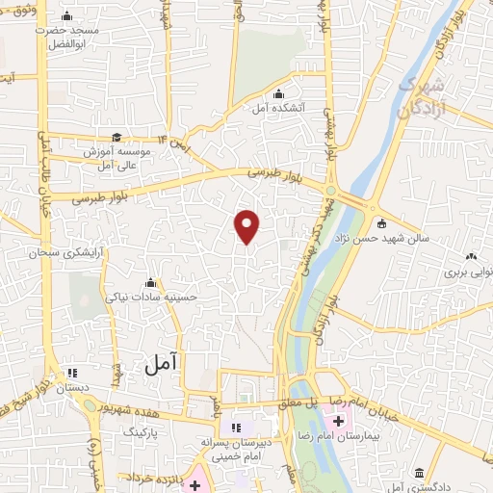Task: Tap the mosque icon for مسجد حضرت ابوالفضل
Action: pos(66,16)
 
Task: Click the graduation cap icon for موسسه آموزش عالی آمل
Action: pos(117,138)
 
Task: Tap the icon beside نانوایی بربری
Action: pos(471,256)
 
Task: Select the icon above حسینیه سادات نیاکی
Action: pos(149,283)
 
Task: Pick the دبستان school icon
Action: pos(70,375)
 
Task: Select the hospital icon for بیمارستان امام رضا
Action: pos(338,421)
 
